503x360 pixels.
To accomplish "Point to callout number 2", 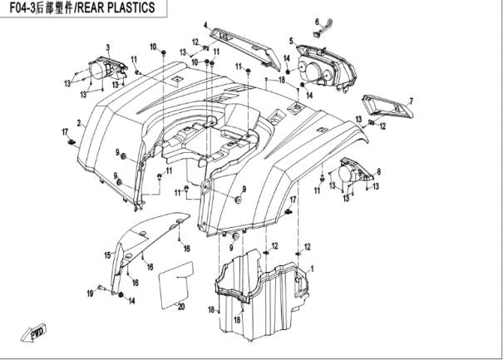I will (79, 124).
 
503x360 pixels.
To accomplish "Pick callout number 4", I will (205, 26).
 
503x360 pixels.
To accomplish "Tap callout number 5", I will (291, 40).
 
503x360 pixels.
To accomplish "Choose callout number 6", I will (317, 21).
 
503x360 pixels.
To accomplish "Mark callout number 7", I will (410, 101).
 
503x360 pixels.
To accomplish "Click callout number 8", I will (378, 172).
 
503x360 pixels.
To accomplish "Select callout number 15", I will (106, 255).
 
